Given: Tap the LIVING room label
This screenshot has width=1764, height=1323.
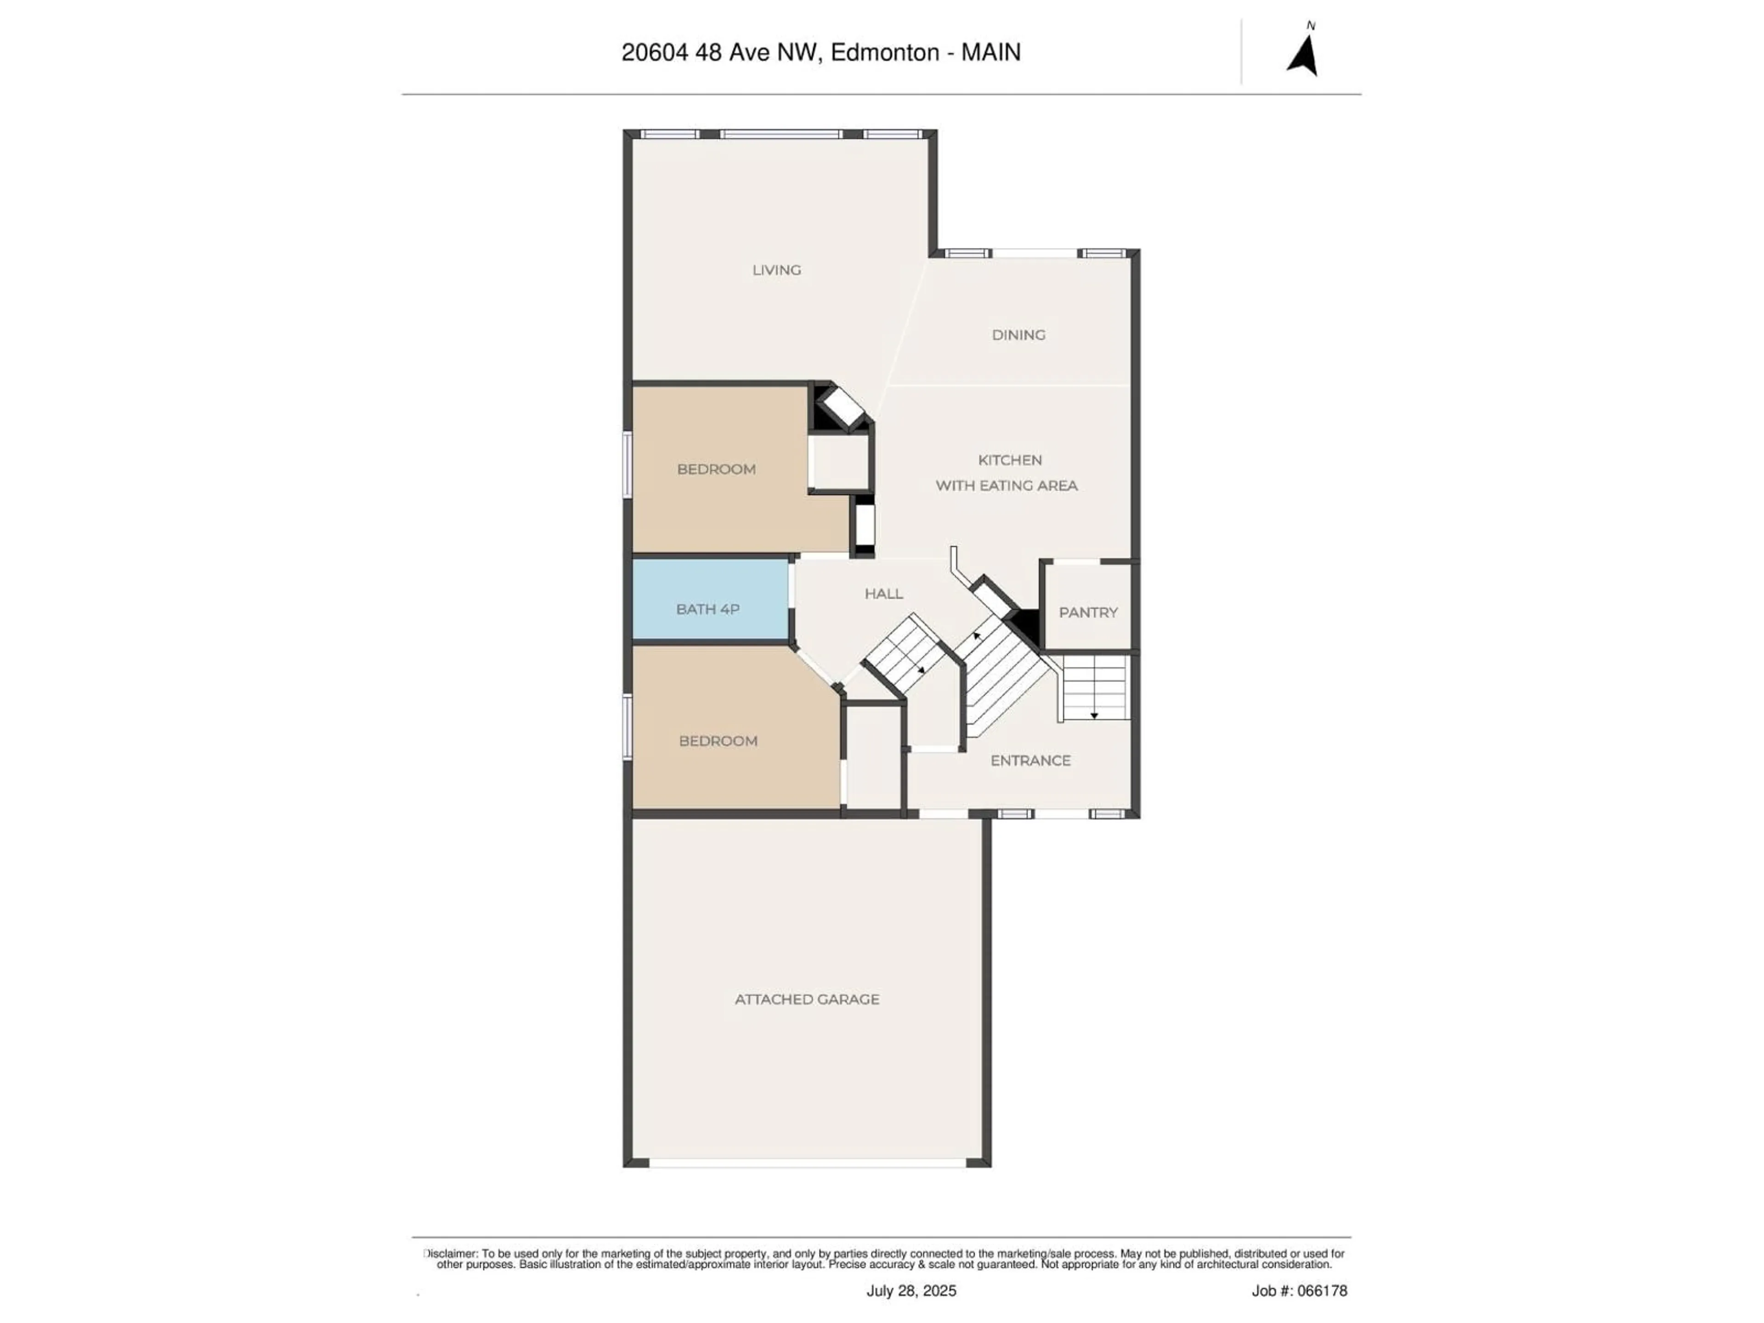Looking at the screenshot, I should coord(776,270).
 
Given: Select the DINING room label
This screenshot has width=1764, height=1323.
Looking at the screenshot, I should coord(1018,335).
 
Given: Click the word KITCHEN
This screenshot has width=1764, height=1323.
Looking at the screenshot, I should coord(1010,460).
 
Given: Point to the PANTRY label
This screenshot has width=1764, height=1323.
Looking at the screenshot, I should coord(1088,612).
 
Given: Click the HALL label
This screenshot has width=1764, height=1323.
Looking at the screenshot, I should coord(883,594).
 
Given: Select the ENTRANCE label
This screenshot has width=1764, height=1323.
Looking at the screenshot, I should coord(1030,761).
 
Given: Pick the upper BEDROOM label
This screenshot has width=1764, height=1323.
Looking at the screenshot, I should coord(716,469).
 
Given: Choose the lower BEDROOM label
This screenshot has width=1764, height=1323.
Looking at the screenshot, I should coord(718,741).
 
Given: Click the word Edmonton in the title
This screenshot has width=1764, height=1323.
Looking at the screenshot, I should coord(884,53).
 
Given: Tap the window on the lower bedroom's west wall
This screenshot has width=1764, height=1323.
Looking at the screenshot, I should coord(628,726).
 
